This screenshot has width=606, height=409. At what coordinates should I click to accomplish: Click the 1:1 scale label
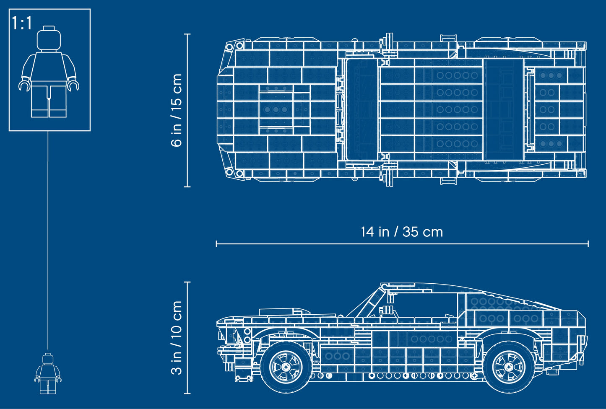22,23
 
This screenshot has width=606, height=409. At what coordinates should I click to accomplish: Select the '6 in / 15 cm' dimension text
177,110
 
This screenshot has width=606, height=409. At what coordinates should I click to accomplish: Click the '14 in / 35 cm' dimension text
402,232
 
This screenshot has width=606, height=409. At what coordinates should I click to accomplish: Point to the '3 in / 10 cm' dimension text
177,338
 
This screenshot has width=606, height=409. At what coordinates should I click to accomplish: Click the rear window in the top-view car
503,109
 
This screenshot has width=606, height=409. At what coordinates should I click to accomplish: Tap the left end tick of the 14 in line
216,243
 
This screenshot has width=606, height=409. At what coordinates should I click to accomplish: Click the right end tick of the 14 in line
588,243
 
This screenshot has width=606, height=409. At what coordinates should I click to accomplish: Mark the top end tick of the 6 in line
187,34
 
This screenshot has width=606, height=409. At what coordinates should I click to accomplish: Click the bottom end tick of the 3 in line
187,393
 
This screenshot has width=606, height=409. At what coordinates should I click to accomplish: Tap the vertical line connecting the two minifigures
48,239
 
